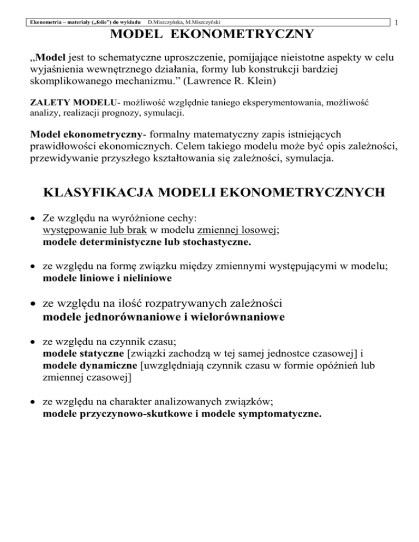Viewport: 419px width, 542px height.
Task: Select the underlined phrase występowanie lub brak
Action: tap(89, 231)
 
